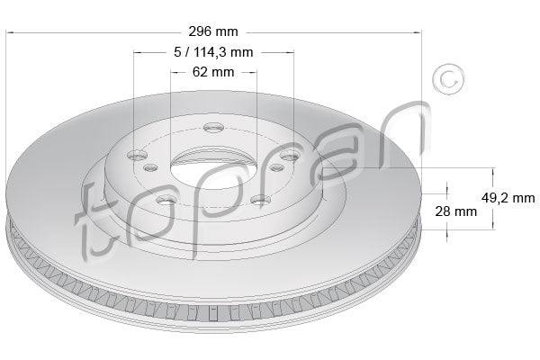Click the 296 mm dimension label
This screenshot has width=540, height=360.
pos(214,32)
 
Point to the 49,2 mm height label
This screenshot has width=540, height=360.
pos(509,197)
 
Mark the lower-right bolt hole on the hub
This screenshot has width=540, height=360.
pos(259,200)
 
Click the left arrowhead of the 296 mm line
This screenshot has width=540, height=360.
pos(10,32)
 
